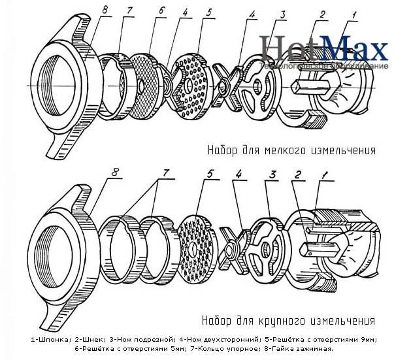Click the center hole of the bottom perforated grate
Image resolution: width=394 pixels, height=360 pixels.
[x=195, y=250]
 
